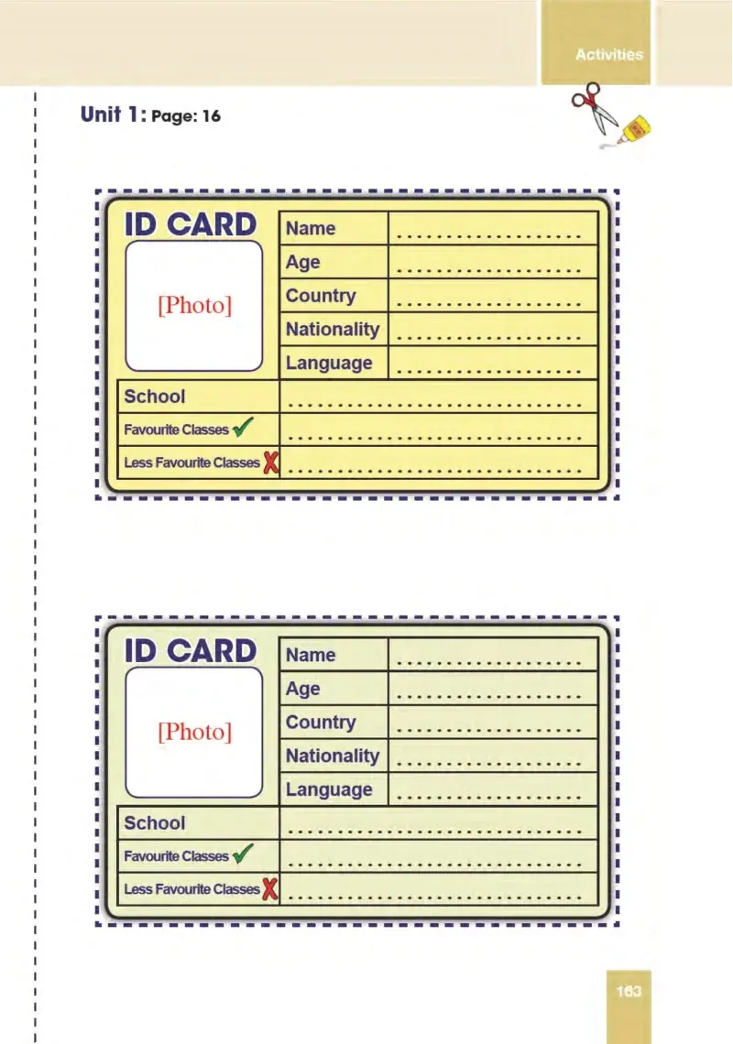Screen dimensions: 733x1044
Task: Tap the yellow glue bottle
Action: tap(634, 130)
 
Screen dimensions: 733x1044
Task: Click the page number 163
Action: tap(629, 992)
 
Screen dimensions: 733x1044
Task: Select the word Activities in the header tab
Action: tap(609, 55)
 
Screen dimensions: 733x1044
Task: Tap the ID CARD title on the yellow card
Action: tap(191, 224)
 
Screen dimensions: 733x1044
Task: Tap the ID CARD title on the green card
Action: tap(191, 650)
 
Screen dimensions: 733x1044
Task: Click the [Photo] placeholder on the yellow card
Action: tap(194, 305)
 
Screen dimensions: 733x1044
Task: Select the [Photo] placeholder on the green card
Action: tap(194, 731)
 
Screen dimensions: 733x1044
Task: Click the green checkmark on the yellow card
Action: tap(243, 426)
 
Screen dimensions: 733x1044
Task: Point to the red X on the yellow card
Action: tap(270, 462)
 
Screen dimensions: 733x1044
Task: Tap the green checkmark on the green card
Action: tap(243, 853)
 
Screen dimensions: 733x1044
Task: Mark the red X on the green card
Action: tap(270, 888)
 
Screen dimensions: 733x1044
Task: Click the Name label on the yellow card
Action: tap(311, 228)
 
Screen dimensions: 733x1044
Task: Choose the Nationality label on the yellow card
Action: tap(333, 329)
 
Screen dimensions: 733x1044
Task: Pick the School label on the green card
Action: tap(155, 823)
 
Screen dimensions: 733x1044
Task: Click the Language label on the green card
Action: tap(329, 789)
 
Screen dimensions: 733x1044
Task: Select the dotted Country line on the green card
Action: tap(489, 731)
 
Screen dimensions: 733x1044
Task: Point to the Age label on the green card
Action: tap(302, 689)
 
